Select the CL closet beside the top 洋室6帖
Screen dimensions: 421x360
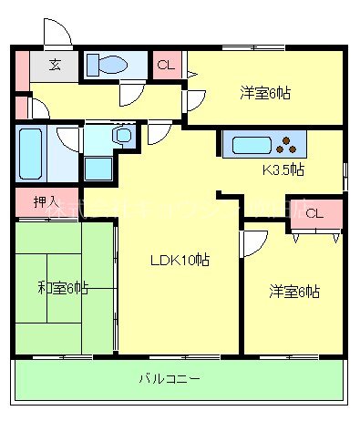pyautogui.click(x=167, y=65)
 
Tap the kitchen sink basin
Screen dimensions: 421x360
pyautogui.click(x=250, y=145)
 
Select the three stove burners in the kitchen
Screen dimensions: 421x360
pyautogui.click(x=291, y=144)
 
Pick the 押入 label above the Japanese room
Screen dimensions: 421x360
pyautogui.click(x=44, y=201)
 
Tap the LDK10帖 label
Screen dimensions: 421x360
pyautogui.click(x=180, y=260)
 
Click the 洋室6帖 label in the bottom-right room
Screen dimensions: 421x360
pyautogui.click(x=293, y=292)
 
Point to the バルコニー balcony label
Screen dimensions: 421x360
pyautogui.click(x=170, y=378)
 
